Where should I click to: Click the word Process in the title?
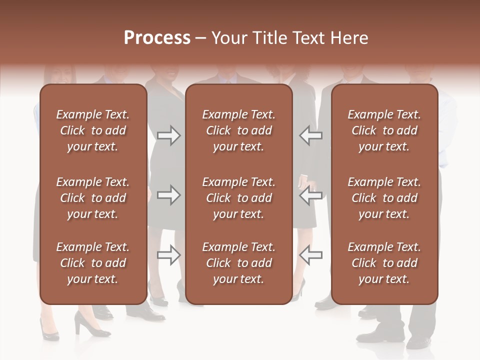coord(157,38)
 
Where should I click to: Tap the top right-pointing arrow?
coord(168,135)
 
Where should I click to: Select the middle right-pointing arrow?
coord(168,195)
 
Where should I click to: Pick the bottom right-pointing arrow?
coord(168,255)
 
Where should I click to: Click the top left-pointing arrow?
coord(310,135)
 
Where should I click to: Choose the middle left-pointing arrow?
coord(310,195)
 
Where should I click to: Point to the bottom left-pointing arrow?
coord(310,255)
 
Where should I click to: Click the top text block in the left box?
coord(93,130)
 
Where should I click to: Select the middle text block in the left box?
coord(93,198)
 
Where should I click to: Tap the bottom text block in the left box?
coord(93,263)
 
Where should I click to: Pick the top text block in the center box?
coord(238,130)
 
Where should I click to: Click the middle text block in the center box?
coord(238,198)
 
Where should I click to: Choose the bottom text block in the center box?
coord(238,263)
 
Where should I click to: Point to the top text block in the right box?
coord(384,130)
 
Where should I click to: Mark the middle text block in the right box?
coord(384,198)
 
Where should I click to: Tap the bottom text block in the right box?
coord(384,263)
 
